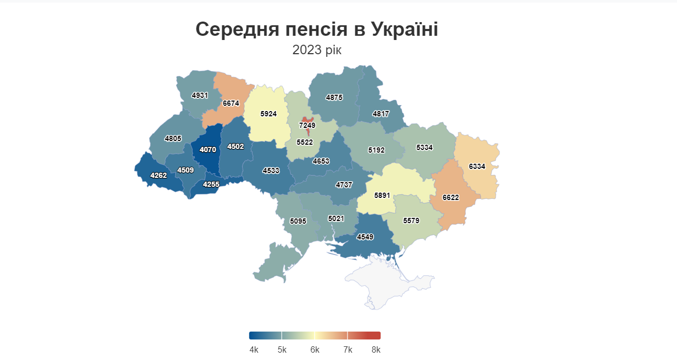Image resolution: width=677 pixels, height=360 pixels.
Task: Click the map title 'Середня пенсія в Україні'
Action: [316, 29]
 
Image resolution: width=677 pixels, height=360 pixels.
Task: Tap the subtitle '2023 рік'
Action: [316, 51]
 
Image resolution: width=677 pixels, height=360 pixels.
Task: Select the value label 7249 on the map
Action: [307, 125]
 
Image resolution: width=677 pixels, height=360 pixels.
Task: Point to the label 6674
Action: [231, 103]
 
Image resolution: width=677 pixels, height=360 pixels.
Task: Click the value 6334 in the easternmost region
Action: [477, 166]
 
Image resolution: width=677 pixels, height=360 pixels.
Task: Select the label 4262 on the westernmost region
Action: [158, 175]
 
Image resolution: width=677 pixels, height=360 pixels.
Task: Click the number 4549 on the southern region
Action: [365, 237]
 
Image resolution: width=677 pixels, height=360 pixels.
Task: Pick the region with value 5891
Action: [382, 195]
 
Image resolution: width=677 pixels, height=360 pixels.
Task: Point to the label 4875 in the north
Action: [334, 97]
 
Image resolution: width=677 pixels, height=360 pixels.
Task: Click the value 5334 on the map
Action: [424, 147]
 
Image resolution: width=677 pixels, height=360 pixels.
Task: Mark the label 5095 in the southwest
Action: [298, 221]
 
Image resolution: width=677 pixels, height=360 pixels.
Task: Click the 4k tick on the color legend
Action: [254, 350]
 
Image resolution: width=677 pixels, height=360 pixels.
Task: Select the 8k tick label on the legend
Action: [375, 350]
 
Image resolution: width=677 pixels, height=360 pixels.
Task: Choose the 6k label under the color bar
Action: [315, 350]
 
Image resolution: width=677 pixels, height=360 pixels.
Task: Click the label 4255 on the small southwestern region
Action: [211, 184]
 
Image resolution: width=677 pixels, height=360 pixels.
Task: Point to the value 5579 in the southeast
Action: [411, 221]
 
